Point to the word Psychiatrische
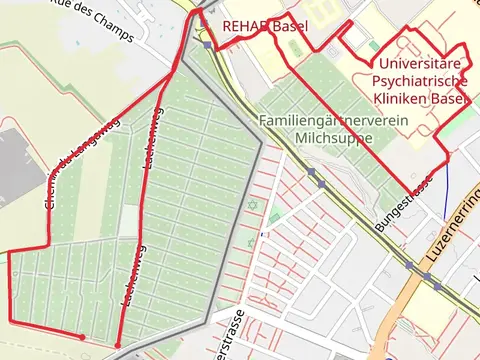(x=418, y=81)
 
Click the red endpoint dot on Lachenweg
(x=118, y=345)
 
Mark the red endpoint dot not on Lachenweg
(x=82, y=337)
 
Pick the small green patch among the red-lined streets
(x=273, y=216)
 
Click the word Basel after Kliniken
(x=449, y=99)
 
